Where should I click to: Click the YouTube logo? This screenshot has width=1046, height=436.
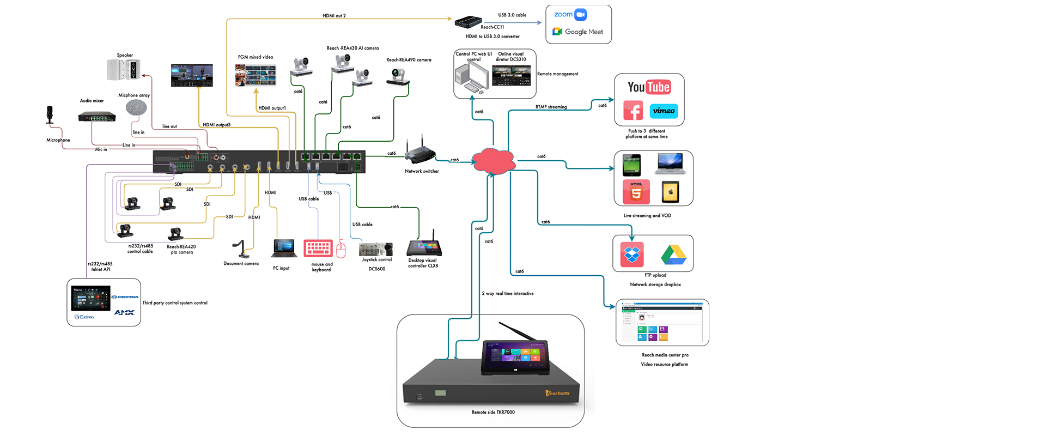[x=649, y=87]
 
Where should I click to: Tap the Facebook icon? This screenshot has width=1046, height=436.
[x=633, y=111]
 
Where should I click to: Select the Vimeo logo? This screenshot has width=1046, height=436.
[x=664, y=111]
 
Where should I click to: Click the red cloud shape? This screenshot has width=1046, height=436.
[x=493, y=161]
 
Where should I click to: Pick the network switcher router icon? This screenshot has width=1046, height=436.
[x=419, y=153]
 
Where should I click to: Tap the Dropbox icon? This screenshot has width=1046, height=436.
[x=632, y=254]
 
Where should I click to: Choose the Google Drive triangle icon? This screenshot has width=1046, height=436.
[x=673, y=255]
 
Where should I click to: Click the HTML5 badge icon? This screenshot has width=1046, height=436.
[x=636, y=192]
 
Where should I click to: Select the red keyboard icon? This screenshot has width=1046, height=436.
[x=318, y=248]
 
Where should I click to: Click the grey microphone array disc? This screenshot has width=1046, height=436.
[x=136, y=108]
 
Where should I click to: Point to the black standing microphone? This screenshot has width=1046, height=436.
[x=50, y=115]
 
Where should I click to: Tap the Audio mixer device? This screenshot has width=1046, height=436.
[x=97, y=117]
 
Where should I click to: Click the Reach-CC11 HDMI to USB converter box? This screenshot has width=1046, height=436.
[x=468, y=22]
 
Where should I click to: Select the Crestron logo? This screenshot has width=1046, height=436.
[x=125, y=297]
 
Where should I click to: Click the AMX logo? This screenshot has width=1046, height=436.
[x=124, y=312]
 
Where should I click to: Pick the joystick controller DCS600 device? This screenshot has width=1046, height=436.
[x=376, y=249]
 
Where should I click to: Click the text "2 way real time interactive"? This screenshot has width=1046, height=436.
[x=508, y=294]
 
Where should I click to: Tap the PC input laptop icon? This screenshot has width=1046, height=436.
[x=284, y=249]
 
